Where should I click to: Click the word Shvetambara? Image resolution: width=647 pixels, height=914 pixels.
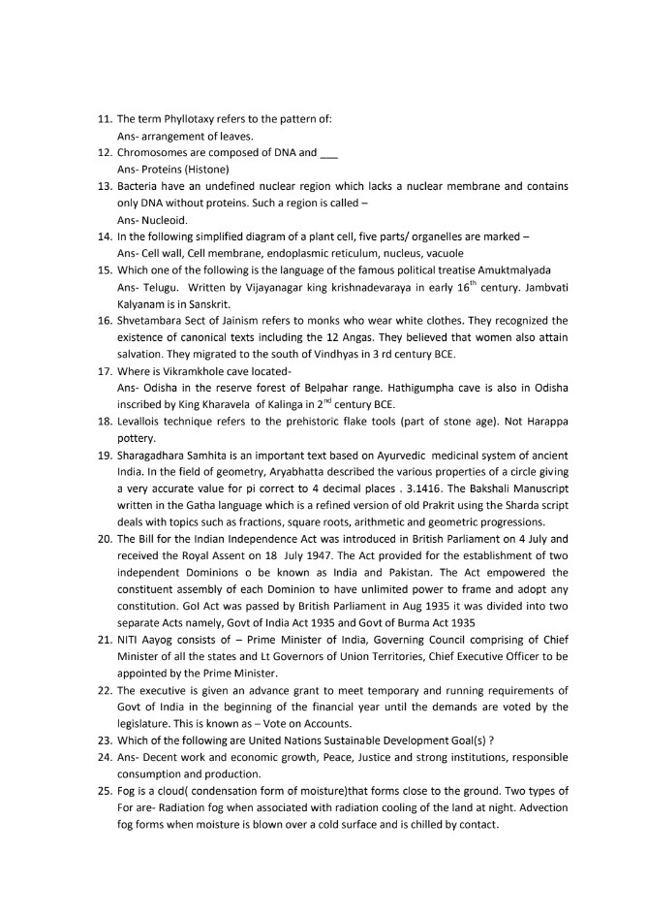coord(150,320)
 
